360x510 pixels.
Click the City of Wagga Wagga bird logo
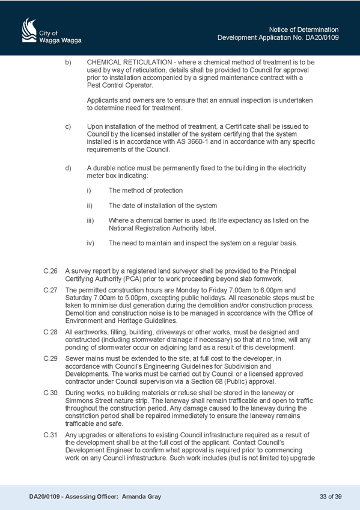(x=29, y=30)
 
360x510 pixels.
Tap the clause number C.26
(x=50, y=271)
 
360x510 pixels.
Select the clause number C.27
(x=50, y=290)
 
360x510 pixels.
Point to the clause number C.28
(x=50, y=332)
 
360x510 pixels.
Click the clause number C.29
(x=50, y=358)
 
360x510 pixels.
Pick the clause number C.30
(x=50, y=393)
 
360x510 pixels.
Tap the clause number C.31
(x=50, y=435)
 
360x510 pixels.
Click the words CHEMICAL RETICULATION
(x=129, y=62)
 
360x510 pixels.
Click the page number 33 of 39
(x=331, y=497)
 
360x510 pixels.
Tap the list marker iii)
(x=90, y=221)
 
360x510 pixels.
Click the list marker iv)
(x=90, y=243)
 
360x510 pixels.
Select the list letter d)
(x=69, y=168)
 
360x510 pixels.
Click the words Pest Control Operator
(x=120, y=85)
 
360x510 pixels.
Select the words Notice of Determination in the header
(x=304, y=29)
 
